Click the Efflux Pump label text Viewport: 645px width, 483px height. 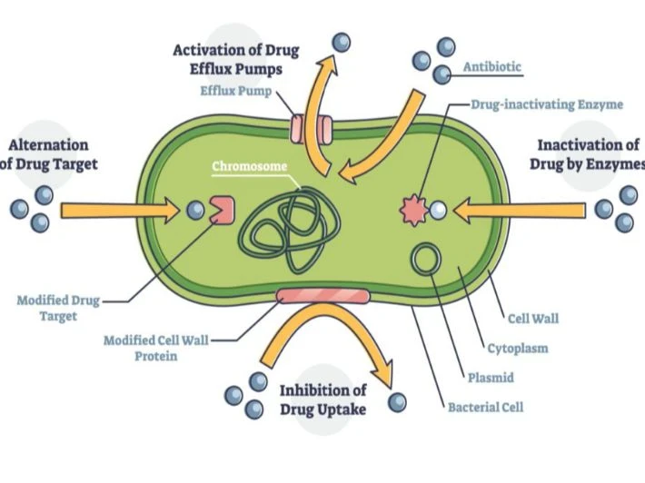point(235,89)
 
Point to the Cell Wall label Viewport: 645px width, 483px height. point(532,318)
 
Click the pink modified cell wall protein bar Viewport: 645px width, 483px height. point(322,296)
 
